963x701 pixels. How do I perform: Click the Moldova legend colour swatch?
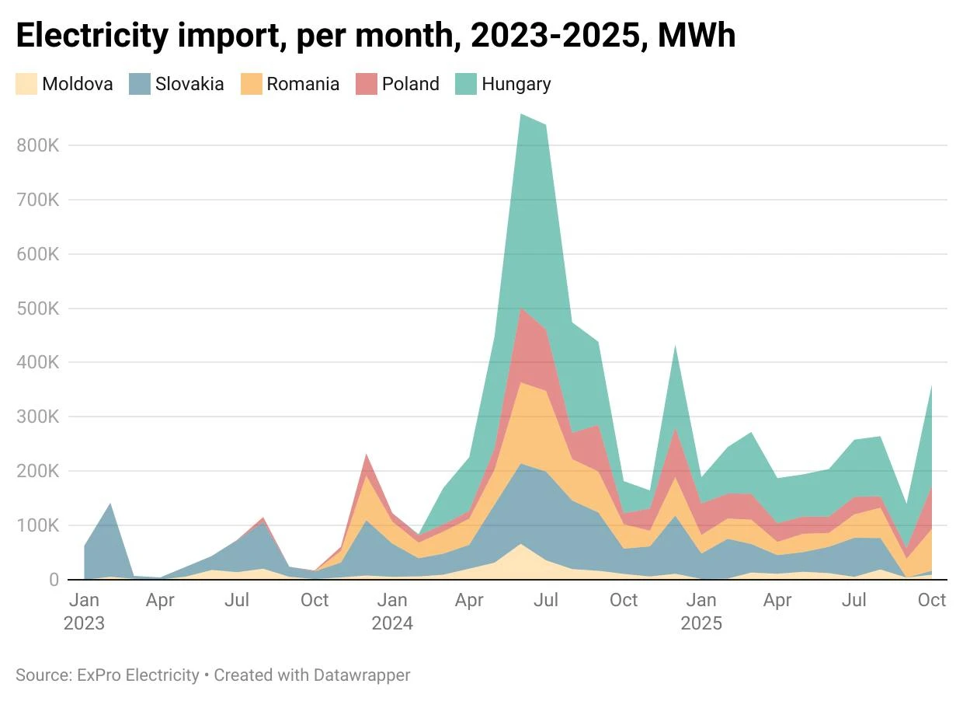click(x=26, y=84)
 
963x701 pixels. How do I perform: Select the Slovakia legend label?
click(x=189, y=84)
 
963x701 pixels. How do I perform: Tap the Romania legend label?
click(x=303, y=84)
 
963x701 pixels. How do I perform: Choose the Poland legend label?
click(x=410, y=84)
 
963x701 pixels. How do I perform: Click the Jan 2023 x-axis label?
click(x=84, y=612)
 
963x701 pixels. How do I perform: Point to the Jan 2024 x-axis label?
click(x=392, y=612)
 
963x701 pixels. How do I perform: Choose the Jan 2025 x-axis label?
click(x=701, y=612)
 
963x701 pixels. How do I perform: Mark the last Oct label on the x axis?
click(x=932, y=600)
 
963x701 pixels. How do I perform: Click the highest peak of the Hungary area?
click(x=521, y=115)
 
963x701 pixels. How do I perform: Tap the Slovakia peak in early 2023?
click(x=110, y=504)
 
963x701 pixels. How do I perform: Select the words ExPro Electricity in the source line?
click(x=138, y=675)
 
